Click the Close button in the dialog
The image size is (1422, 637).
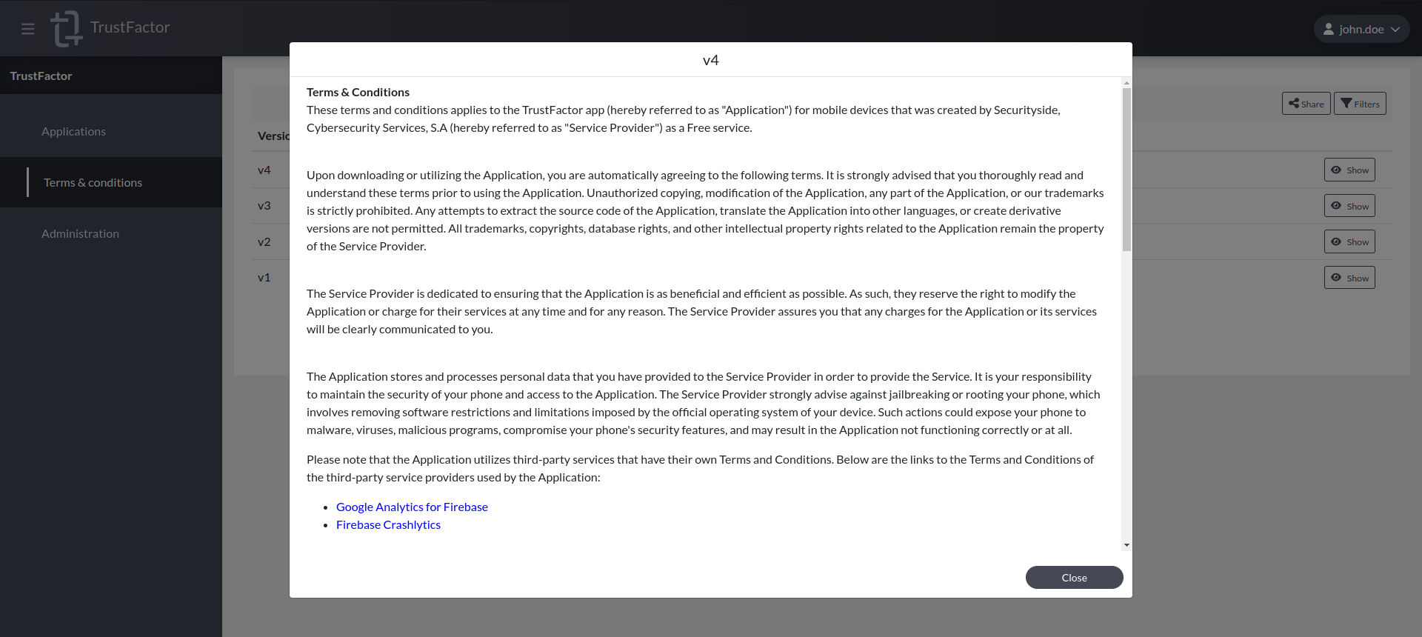tap(1074, 578)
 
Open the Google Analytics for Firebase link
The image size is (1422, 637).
tap(412, 507)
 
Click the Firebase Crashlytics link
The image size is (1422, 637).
tap(388, 524)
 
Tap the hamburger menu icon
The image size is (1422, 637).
tap(28, 29)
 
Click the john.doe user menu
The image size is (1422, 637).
tap(1361, 29)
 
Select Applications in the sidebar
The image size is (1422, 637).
tap(73, 131)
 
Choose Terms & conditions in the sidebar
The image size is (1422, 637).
tap(93, 182)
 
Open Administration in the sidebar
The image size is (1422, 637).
tap(80, 233)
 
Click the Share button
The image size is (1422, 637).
tap(1306, 104)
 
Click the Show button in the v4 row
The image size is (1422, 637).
tap(1349, 170)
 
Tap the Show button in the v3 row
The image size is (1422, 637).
tap(1349, 206)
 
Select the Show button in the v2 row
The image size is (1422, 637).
tap(1349, 241)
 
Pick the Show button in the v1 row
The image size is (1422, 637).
tap(1349, 278)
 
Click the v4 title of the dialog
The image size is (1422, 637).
tap(710, 60)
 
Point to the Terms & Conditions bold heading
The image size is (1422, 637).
tap(358, 92)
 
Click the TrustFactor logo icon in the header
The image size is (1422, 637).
tap(66, 28)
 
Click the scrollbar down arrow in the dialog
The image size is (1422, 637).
tap(1126, 545)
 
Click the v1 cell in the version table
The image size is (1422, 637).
tap(264, 278)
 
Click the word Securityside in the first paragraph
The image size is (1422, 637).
tap(1026, 110)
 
